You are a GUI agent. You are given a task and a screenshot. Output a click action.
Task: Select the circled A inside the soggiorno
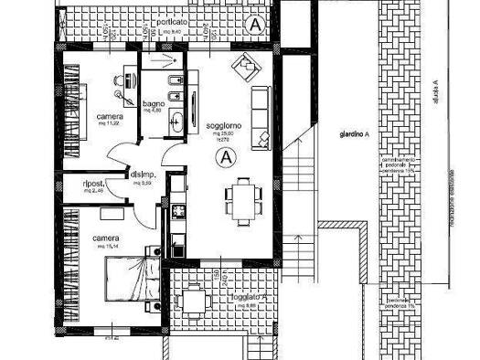point(224,156)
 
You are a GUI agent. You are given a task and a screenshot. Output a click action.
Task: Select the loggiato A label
point(248,298)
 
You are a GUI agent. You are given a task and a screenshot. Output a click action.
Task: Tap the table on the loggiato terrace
point(193,300)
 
